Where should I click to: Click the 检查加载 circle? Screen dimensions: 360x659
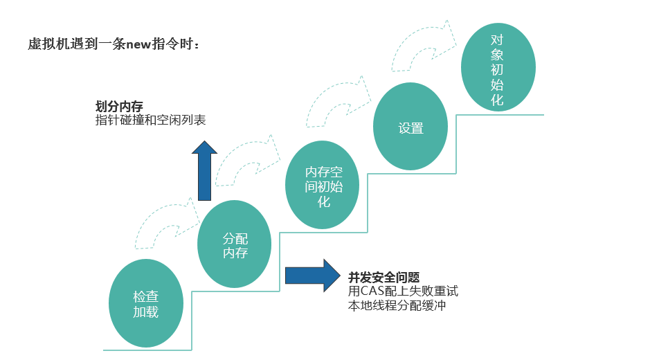click(x=146, y=304)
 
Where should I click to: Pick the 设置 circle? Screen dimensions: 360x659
click(x=410, y=127)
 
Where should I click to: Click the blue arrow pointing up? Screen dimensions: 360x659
click(x=204, y=170)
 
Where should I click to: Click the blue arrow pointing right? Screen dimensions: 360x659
click(x=312, y=275)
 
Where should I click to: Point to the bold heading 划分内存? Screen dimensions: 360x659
click(x=119, y=107)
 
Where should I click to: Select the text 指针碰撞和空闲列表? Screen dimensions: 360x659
click(x=150, y=120)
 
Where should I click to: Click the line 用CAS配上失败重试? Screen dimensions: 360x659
click(x=403, y=291)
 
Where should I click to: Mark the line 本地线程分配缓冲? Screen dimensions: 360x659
click(x=397, y=305)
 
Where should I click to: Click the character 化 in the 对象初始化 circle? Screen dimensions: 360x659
click(x=497, y=100)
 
